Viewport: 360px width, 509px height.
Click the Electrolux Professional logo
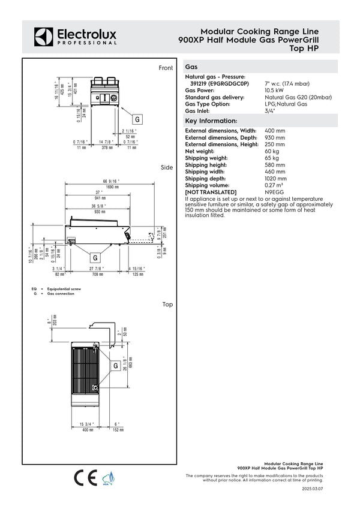point(75,36)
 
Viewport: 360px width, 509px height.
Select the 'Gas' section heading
point(192,68)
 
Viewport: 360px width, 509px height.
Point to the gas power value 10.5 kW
point(274,91)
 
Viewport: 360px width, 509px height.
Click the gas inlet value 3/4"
point(271,111)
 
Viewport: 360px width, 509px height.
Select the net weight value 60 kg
point(272,152)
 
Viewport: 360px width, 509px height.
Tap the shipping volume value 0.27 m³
point(276,185)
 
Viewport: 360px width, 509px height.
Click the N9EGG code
point(274,192)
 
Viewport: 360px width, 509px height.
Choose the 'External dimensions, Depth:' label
point(220,138)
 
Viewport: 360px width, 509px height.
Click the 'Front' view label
point(166,68)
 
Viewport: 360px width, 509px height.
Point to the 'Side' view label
point(167,167)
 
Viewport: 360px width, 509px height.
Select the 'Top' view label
point(167,305)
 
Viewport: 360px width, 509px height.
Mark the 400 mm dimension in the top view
point(88,430)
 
